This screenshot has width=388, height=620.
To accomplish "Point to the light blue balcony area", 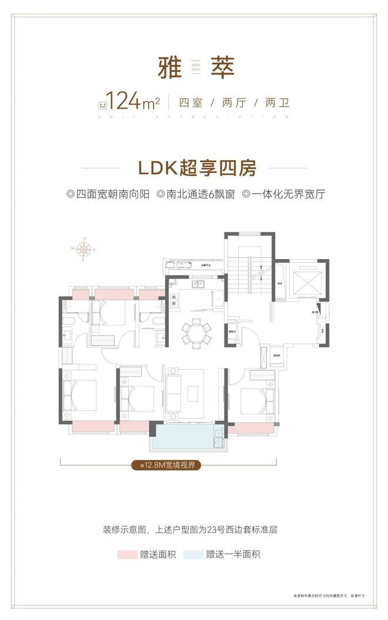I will tap(187, 439).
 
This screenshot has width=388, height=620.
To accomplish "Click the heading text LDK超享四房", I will tap(193, 168).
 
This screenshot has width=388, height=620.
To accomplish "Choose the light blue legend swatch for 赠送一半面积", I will tap(192, 554).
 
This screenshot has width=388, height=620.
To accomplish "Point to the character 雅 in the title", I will tap(165, 68).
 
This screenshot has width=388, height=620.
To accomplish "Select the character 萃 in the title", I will tap(221, 68).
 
